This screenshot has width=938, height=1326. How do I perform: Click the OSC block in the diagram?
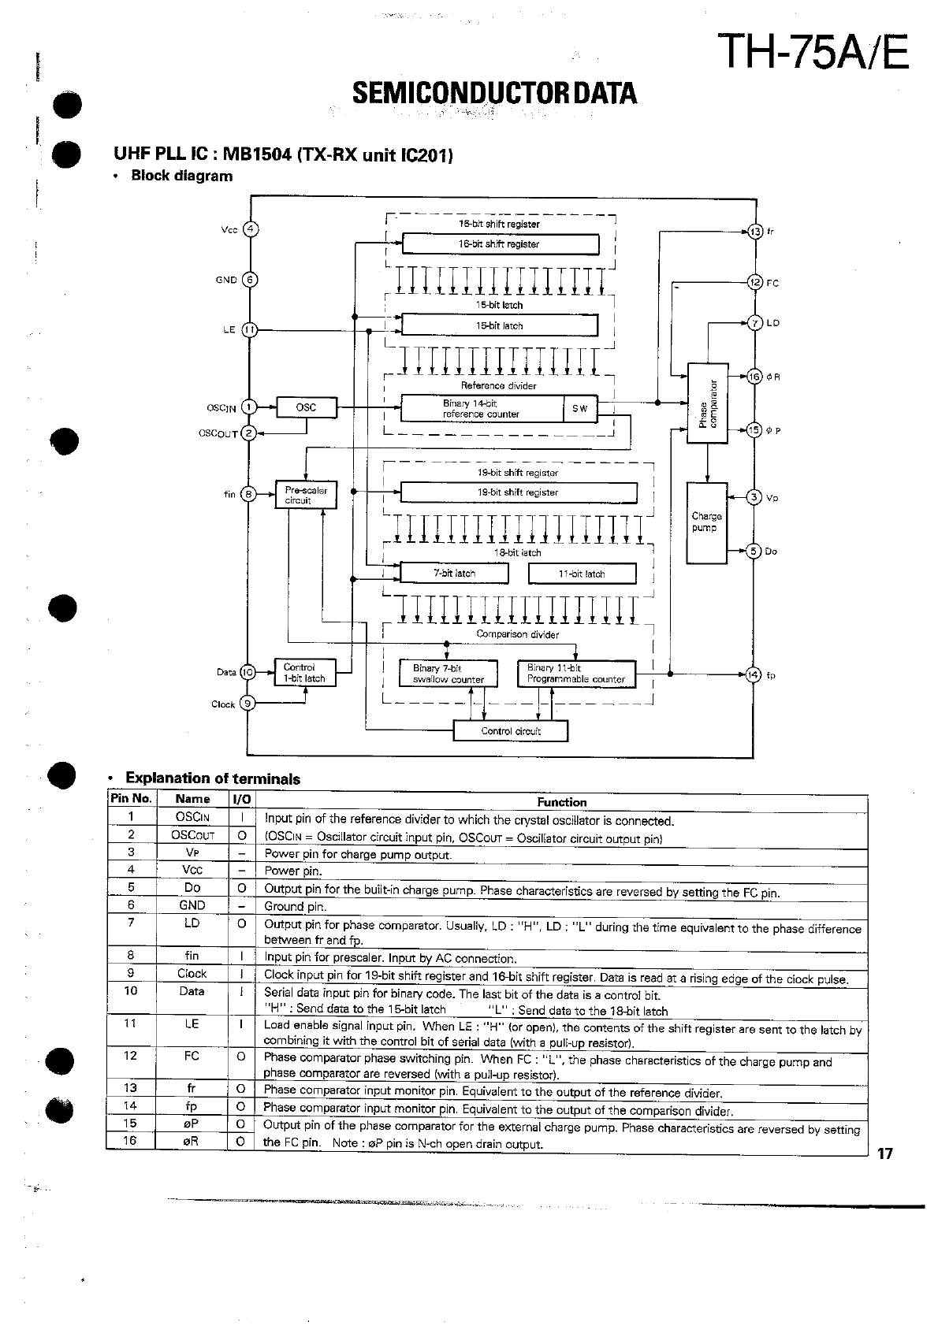307,407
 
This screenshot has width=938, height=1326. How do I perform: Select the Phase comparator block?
707,403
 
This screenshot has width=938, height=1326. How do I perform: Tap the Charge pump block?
706,522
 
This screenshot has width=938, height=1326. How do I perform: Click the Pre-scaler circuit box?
305,495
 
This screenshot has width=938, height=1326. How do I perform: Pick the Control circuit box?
510,731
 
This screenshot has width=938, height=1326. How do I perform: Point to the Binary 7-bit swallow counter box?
449,674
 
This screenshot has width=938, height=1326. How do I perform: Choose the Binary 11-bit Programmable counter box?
576,674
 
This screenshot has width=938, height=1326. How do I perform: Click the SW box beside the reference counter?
580,408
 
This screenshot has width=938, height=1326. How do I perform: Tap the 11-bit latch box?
582,574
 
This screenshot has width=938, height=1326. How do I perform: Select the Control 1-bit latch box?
304,673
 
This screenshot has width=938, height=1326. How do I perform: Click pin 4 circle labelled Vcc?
250,230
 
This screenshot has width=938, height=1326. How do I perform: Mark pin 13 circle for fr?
755,232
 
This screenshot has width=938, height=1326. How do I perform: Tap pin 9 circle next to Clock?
248,704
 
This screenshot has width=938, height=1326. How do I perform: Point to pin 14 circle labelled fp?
754,674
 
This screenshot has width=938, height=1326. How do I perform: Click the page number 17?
886,1154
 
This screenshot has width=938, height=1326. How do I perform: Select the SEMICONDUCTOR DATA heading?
494,94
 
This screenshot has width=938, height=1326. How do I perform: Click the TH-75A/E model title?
816,53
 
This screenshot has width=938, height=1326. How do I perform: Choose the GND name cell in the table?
192,905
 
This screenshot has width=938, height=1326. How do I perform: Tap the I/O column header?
241,799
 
